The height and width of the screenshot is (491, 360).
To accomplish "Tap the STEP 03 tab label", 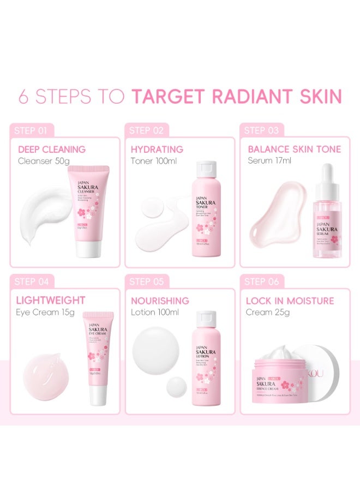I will pos(262,130).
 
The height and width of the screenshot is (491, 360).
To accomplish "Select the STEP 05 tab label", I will pos(147,282).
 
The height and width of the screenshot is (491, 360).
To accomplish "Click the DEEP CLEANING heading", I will pos(52,149).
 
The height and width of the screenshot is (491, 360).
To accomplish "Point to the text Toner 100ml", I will pos(153,161).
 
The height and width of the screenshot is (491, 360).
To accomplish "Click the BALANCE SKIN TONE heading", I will pos(294,149).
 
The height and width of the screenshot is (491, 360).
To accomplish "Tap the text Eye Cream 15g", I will pos(45,312).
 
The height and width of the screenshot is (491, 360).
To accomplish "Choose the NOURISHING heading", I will pos(160,301).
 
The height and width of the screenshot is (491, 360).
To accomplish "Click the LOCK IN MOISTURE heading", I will pos(290,301).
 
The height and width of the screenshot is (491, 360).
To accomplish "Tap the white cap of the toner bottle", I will pos(206,172).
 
